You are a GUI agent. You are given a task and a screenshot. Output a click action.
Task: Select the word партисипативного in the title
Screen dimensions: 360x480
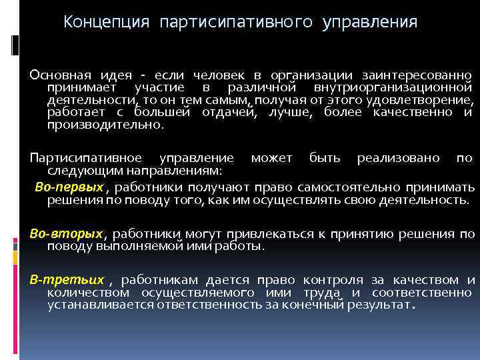235,23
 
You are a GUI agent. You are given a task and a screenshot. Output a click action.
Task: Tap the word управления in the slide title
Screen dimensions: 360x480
370,23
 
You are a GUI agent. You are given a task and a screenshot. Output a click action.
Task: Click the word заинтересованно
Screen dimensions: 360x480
417,75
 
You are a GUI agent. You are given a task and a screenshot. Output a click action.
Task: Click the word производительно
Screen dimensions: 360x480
104,125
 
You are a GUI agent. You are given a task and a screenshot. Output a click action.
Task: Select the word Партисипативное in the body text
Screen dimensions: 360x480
85,158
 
